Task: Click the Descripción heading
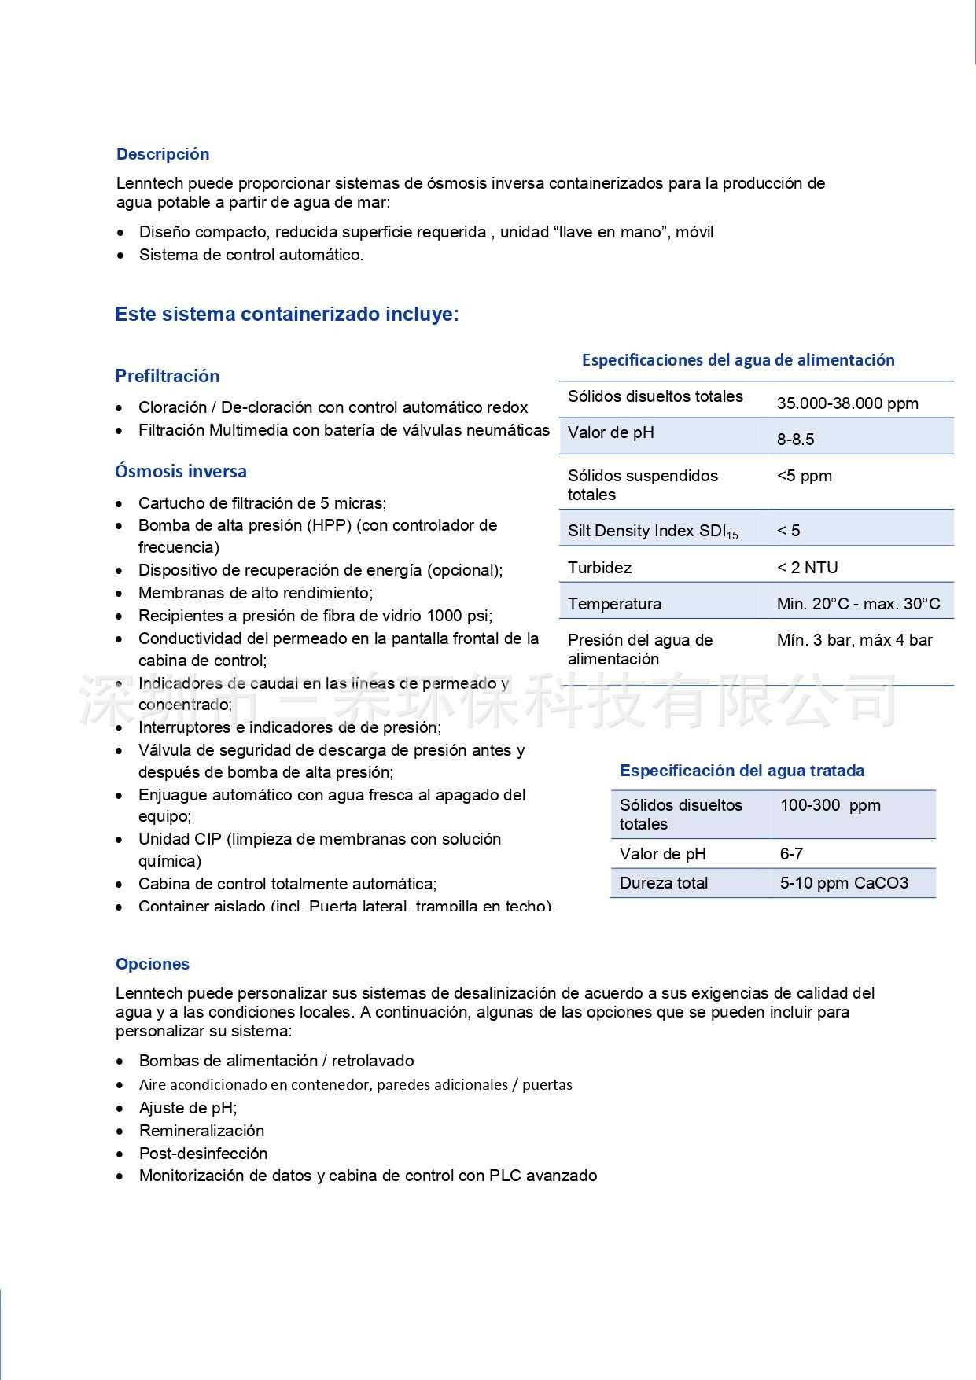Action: coord(163,154)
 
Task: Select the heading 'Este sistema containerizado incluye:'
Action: coord(286,315)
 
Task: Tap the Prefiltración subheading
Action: coord(168,376)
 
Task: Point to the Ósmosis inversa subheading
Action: coord(181,471)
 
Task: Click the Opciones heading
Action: coord(153,964)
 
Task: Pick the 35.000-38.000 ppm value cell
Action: coord(847,403)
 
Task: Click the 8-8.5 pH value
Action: coord(795,440)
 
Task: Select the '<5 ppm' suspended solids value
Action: coord(804,476)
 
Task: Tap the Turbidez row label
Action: coord(599,568)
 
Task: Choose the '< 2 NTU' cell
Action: coord(807,568)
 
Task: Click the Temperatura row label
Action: coord(614,604)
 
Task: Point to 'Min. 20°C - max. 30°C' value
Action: coord(858,604)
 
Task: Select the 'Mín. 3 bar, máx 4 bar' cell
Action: coord(854,640)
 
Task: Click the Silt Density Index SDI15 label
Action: coord(653,532)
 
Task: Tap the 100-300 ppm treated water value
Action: coord(830,805)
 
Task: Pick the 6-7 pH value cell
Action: coord(791,854)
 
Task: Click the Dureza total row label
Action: coord(664,883)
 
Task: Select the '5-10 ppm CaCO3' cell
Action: coord(844,883)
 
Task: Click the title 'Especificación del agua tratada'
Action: coord(742,771)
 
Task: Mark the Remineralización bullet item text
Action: coord(201,1131)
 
